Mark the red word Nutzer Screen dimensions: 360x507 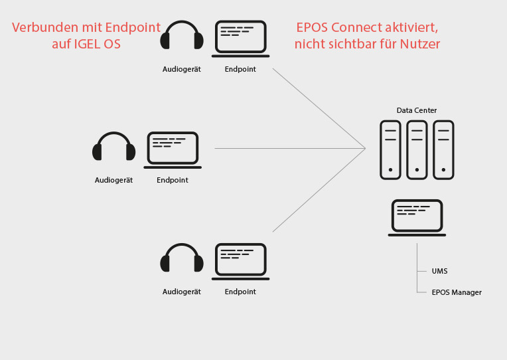pyautogui.click(x=420, y=45)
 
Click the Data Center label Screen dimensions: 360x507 pyautogui.click(x=417, y=110)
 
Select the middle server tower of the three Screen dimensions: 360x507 pyautogui.click(x=417, y=149)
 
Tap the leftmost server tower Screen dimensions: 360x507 pyautogui.click(x=390, y=149)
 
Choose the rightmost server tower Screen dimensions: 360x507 pyautogui.click(x=443, y=149)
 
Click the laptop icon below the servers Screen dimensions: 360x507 pyautogui.click(x=417, y=217)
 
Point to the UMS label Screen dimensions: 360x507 pyautogui.click(x=439, y=271)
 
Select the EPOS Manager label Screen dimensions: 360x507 pyautogui.click(x=457, y=292)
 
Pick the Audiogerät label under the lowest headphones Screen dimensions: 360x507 pyautogui.click(x=182, y=292)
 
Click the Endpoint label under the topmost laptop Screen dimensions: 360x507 pyautogui.click(x=240, y=69)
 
